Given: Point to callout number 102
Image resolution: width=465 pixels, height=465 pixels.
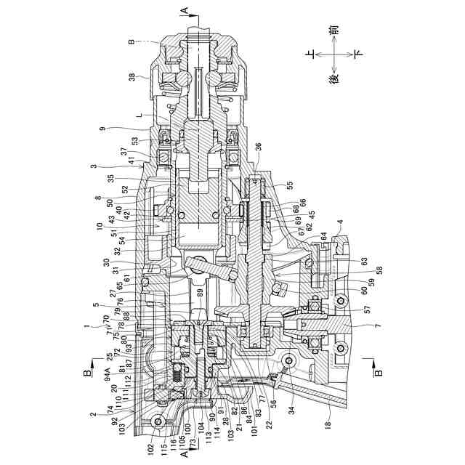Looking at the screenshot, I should click(150, 450).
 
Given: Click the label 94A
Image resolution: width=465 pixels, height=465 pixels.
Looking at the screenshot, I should click(109, 376).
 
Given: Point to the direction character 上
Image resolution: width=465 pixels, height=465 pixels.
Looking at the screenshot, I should click(310, 54).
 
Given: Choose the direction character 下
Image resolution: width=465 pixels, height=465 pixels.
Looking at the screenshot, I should click(357, 54).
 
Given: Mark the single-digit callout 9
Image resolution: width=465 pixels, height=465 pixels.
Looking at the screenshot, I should click(103, 129).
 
